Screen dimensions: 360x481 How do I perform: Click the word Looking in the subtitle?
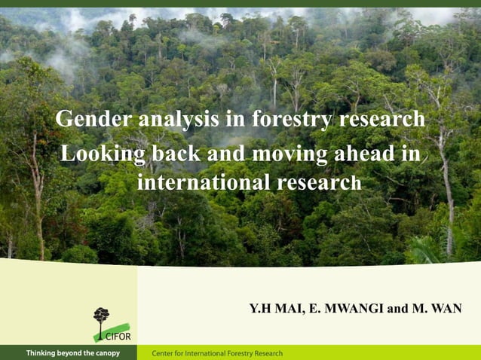103,154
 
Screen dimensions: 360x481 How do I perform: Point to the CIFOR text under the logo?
118,336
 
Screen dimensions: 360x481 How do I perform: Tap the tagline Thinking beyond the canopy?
72,353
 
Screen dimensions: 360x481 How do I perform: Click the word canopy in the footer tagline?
106,353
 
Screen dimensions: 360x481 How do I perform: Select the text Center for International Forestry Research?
217,353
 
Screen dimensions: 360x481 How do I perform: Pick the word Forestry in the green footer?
238,353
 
